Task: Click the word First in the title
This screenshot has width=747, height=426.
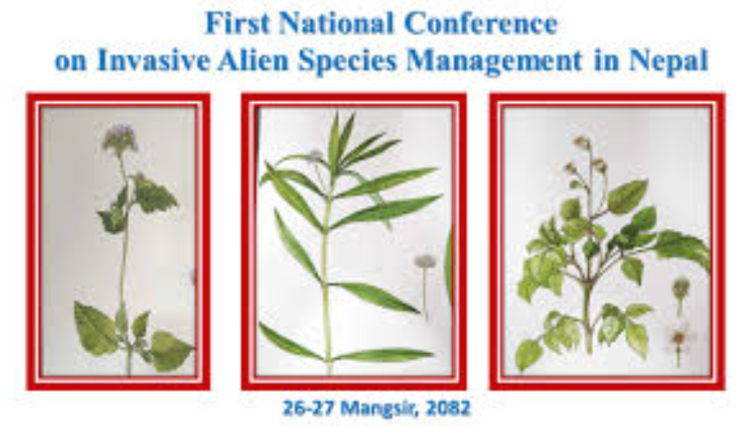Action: pos(236,24)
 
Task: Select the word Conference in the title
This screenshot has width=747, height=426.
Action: pos(481,24)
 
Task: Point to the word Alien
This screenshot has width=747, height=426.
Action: pos(253,61)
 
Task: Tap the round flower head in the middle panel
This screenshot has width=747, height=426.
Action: pos(425,261)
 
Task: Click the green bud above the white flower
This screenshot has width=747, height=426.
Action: pos(680,287)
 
